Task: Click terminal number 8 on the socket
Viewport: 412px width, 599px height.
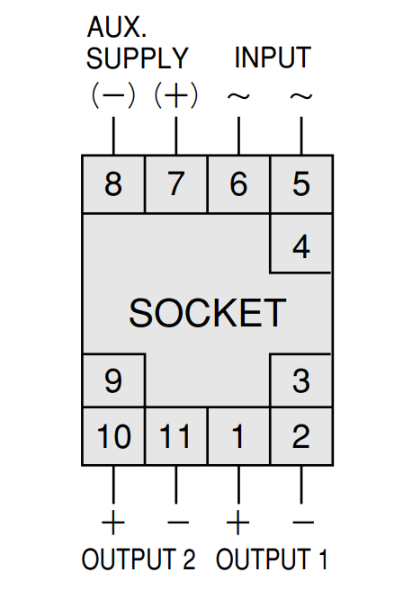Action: (x=113, y=183)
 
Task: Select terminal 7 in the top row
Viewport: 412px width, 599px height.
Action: (x=176, y=183)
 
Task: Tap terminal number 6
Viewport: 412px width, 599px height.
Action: (x=239, y=183)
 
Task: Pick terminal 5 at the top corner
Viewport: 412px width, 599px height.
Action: (x=301, y=183)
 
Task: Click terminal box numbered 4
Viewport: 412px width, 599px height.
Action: (x=301, y=244)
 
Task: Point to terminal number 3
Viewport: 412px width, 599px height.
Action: (x=301, y=380)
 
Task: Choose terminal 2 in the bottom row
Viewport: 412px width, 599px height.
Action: (x=301, y=436)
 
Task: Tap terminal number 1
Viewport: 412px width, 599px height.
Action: (x=239, y=436)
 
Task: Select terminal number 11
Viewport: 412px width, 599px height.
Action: (x=176, y=436)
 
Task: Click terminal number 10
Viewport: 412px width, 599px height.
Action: (x=113, y=436)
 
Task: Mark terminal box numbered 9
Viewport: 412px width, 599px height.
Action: (x=113, y=380)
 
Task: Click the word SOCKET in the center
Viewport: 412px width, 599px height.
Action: (x=208, y=313)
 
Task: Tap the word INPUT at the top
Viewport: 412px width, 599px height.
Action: (x=273, y=58)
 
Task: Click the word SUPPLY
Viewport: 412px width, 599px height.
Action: (x=138, y=58)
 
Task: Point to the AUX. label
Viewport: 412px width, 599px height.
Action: (x=117, y=27)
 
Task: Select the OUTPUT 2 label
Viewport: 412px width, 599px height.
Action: (x=139, y=559)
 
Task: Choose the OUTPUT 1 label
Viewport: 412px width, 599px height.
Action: (x=272, y=559)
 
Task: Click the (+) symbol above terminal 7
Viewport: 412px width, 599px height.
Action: (x=175, y=95)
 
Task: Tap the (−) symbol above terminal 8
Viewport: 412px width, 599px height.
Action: (x=113, y=95)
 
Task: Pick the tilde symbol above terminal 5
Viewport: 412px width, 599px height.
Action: (x=301, y=96)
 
